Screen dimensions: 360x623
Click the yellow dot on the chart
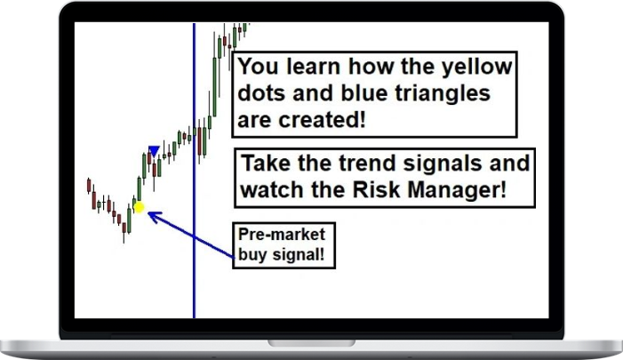(138, 208)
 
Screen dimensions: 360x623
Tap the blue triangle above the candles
(154, 152)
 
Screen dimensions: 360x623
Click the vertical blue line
(194, 267)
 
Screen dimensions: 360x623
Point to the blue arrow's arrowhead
(151, 214)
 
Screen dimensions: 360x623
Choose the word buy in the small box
(253, 255)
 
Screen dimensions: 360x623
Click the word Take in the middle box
(266, 164)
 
